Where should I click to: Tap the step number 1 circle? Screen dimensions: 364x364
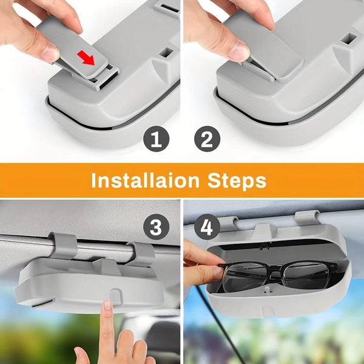pyautogui.click(x=156, y=140)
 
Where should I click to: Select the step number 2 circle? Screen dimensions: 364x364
pyautogui.click(x=207, y=140)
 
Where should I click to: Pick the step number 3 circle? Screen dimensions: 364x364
pyautogui.click(x=156, y=228)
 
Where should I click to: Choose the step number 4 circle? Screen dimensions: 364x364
pyautogui.click(x=207, y=228)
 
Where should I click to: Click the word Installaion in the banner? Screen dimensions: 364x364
pyautogui.click(x=144, y=180)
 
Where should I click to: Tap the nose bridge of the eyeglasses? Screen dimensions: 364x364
pyautogui.click(x=276, y=270)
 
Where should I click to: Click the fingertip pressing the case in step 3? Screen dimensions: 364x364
pyautogui.click(x=107, y=305)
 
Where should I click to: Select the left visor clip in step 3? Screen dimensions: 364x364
pyautogui.click(x=63, y=245)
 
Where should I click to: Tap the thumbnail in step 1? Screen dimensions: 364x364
pyautogui.click(x=50, y=52)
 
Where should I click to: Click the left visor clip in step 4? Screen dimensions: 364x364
pyautogui.click(x=227, y=223)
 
